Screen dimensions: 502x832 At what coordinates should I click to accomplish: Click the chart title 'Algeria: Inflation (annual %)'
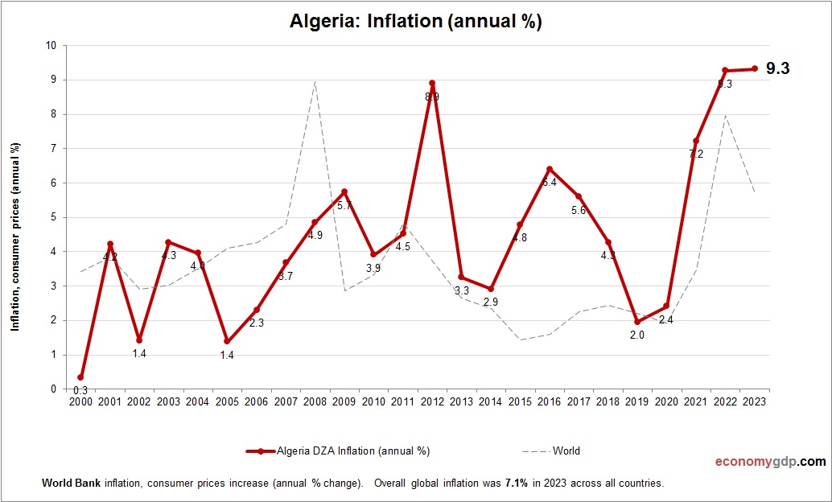pyautogui.click(x=415, y=22)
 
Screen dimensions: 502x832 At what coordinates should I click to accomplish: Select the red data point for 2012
pyautogui.click(x=432, y=83)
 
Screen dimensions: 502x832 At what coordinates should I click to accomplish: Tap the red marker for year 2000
pyautogui.click(x=80, y=377)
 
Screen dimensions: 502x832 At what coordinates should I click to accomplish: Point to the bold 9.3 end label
pyautogui.click(x=777, y=69)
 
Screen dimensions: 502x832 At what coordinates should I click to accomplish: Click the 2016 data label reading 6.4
pyautogui.click(x=550, y=183)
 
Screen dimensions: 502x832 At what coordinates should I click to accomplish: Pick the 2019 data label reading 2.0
pyautogui.click(x=636, y=335)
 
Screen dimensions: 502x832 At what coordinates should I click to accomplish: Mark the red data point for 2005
pyautogui.click(x=227, y=341)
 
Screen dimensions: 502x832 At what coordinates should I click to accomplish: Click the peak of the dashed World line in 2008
pyautogui.click(x=315, y=81)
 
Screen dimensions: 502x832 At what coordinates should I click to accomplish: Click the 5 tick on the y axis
pyautogui.click(x=52, y=217)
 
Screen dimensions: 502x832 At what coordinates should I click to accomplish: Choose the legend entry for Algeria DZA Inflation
pyautogui.click(x=338, y=451)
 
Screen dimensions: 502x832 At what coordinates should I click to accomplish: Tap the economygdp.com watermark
pyautogui.click(x=770, y=462)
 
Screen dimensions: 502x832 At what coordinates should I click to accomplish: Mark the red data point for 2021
pyautogui.click(x=696, y=142)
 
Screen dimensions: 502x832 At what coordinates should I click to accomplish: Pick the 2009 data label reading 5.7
pyautogui.click(x=344, y=206)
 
